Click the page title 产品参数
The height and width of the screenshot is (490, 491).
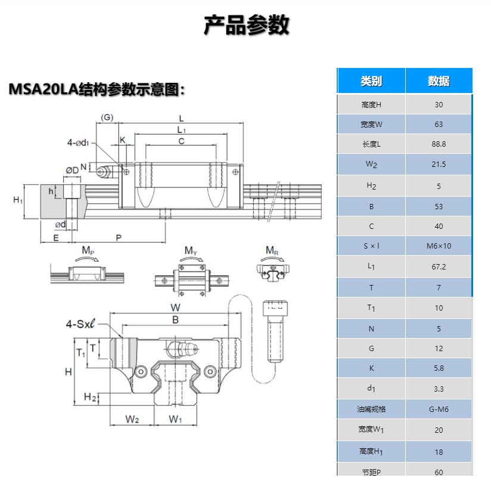246,25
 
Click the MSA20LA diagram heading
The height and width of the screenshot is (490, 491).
97,89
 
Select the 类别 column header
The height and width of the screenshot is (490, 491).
371,82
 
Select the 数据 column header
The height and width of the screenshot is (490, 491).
439,82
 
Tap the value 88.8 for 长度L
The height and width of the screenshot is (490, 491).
439,144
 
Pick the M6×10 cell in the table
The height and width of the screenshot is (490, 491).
439,246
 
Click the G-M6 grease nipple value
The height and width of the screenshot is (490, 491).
439,409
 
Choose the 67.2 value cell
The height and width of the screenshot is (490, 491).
439,266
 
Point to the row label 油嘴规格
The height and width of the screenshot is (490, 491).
371,409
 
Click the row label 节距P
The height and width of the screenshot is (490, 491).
371,472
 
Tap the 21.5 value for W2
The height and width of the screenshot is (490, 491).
439,165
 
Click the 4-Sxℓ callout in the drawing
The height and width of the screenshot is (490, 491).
82,325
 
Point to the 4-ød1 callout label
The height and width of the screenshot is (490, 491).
77,142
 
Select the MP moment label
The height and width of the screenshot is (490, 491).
87,252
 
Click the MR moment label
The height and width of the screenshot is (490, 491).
272,250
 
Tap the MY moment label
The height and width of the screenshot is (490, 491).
190,252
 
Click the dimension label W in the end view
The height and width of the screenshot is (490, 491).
175,308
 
